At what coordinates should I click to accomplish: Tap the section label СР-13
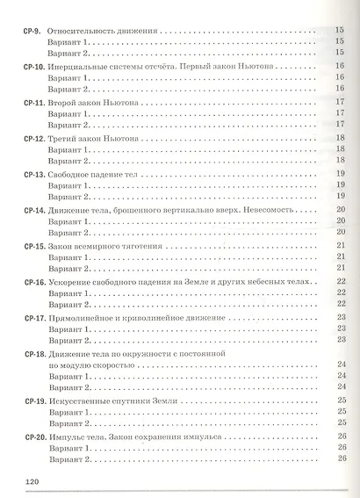(32, 174)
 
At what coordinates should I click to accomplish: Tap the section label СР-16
(32, 281)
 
